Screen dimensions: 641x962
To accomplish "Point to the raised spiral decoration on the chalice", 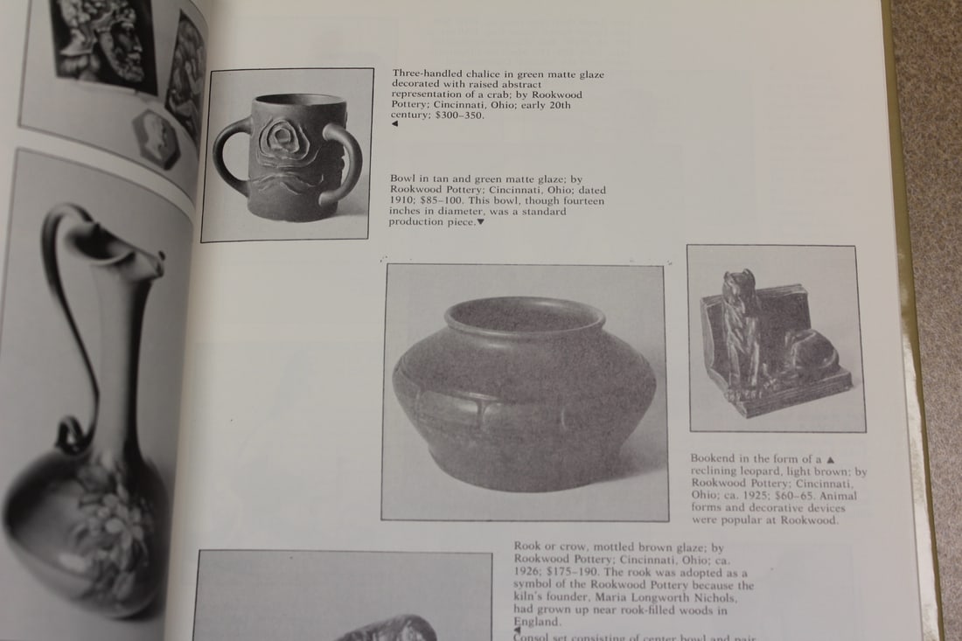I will pos(284,140).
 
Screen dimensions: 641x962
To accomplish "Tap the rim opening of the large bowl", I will pos(524,314).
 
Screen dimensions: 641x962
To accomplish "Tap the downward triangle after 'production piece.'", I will pos(480,223).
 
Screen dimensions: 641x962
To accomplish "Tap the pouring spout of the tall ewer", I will pos(149,259).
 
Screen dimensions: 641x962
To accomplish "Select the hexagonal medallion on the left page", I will pos(157,138).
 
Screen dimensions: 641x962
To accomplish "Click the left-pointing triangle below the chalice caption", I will pos(394,125).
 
